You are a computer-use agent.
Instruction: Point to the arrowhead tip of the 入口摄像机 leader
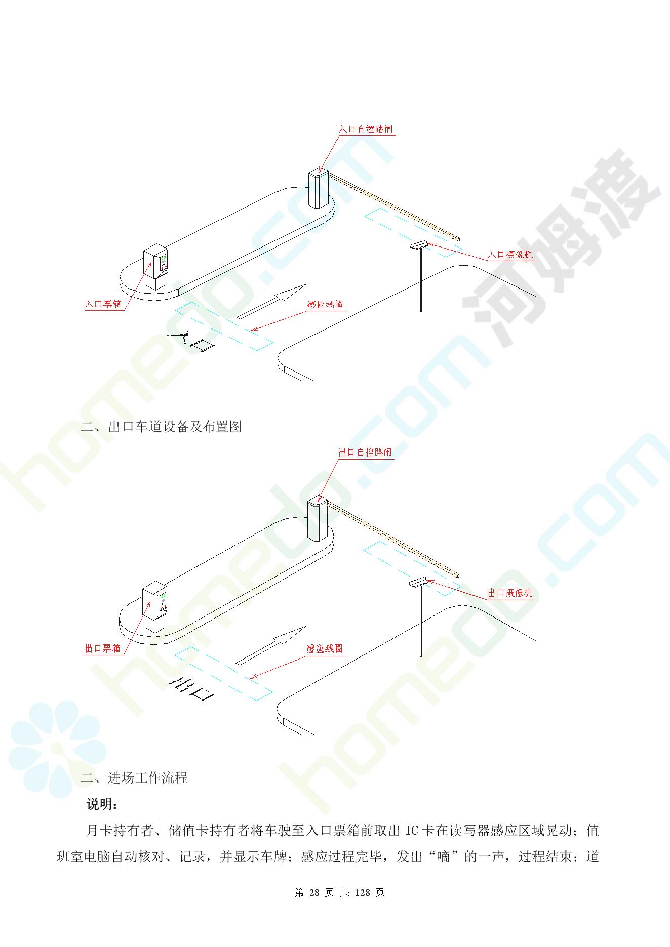pos(427,242)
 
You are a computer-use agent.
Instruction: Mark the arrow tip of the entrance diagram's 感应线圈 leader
pos(251,331)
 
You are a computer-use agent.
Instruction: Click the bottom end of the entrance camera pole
pos(421,310)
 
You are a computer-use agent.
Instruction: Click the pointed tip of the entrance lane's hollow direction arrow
pos(306,284)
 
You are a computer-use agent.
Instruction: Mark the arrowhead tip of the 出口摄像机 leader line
pos(427,580)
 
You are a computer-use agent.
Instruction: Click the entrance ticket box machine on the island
pos(155,267)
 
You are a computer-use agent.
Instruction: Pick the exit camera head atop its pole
pos(418,582)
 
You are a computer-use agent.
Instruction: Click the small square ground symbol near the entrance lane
pos(202,345)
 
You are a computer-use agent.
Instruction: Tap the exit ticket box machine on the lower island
pos(155,609)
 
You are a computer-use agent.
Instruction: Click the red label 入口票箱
pos(103,304)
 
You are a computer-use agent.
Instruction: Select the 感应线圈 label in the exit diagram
pos(325,648)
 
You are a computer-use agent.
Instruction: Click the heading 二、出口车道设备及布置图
pos(161,426)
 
